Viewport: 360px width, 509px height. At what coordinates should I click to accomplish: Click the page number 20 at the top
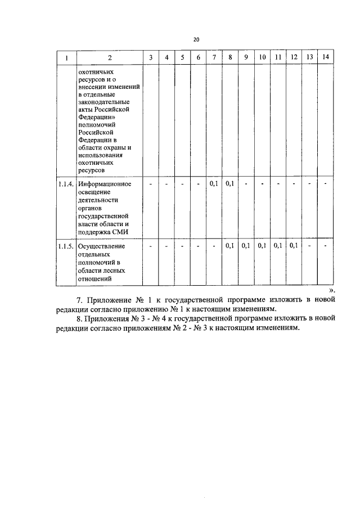click(196, 39)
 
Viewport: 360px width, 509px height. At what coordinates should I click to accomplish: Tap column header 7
click(214, 58)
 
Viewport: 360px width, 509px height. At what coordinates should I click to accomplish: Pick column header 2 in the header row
click(110, 58)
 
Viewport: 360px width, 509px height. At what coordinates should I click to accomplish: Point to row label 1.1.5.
click(66, 246)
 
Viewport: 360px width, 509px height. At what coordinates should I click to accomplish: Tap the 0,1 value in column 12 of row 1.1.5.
click(294, 246)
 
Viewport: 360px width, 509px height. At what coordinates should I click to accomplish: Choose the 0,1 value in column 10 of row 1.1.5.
click(262, 246)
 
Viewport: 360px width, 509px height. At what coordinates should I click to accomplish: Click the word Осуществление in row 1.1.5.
click(102, 246)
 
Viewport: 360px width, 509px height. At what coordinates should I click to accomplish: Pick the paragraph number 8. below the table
click(79, 320)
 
